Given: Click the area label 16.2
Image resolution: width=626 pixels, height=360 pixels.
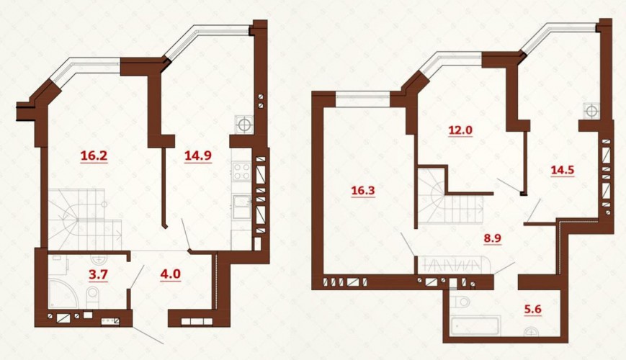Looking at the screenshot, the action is [94, 156].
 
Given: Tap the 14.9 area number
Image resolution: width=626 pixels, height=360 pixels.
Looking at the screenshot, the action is [198, 156].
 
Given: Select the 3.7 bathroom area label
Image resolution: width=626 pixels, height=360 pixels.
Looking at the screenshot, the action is [98, 274].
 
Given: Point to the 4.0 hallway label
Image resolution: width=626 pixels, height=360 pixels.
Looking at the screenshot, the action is [171, 274].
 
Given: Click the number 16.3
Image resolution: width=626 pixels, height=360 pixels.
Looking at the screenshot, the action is [363, 191].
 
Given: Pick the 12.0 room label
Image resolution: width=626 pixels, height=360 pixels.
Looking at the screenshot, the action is [460, 130].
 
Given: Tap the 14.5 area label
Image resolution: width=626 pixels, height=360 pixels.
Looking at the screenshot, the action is [563, 170].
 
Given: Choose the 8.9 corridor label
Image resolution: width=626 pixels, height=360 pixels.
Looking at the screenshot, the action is [492, 238].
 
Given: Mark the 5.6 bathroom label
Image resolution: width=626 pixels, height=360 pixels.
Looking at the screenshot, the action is [533, 308].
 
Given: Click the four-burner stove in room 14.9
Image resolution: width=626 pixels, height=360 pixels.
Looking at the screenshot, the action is [241, 171].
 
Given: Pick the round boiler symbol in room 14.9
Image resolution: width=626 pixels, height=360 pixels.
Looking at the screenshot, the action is [243, 125].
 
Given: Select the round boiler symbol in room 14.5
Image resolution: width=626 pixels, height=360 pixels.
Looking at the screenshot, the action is [591, 111].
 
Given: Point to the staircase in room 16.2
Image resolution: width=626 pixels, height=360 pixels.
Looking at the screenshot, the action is [85, 220].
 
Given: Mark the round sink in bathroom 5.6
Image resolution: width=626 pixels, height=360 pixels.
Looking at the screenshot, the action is [532, 331].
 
